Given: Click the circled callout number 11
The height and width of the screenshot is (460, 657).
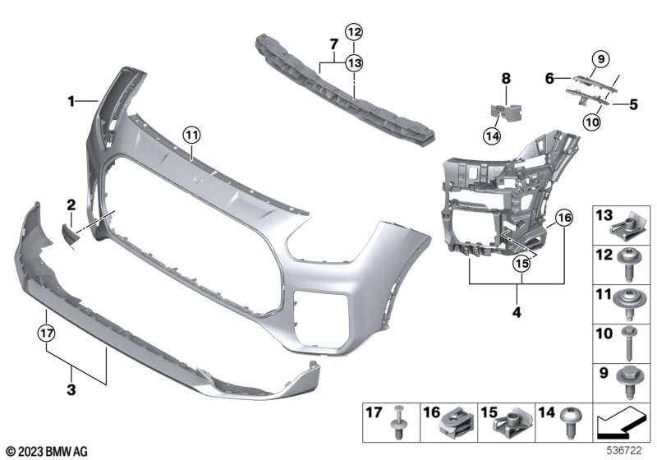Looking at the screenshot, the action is click(x=191, y=136).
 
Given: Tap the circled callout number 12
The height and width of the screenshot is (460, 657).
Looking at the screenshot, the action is click(x=354, y=32).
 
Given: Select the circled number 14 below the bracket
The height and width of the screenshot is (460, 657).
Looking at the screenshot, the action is click(x=492, y=136).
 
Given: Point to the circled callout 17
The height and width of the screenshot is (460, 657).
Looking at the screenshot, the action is click(x=46, y=333).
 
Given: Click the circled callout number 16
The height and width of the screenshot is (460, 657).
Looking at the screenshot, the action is click(x=564, y=218).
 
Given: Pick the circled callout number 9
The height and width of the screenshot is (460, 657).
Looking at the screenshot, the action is click(x=601, y=59).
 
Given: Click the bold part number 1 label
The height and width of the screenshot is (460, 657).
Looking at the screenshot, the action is click(x=71, y=101).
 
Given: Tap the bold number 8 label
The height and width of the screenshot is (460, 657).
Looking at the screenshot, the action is click(x=506, y=78).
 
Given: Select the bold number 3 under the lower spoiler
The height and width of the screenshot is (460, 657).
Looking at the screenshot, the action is click(x=71, y=389).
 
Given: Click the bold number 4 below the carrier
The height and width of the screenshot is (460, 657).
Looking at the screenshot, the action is click(x=517, y=311).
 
